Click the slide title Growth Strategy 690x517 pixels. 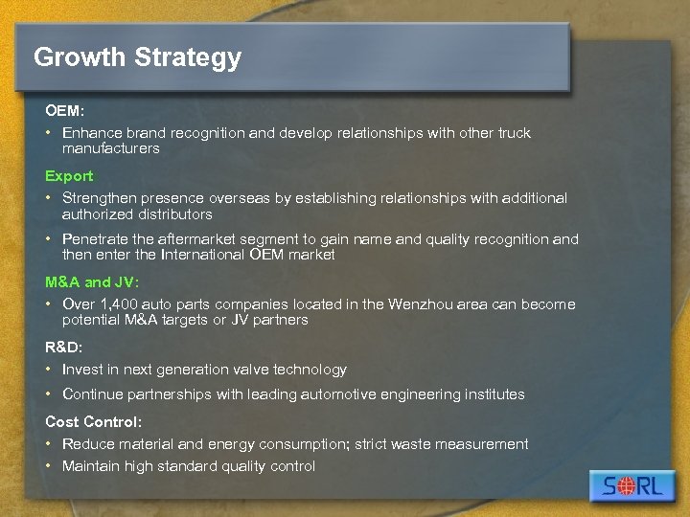pos(137,57)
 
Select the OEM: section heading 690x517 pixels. pos(64,111)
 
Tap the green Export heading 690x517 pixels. pos(69,176)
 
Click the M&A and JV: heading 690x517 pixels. pos(92,282)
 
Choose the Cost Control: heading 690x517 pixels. pos(93,421)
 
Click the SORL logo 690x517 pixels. pos(632,485)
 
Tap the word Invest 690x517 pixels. pos(81,370)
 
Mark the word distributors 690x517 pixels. pos(174,214)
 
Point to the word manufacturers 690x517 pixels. pos(110,148)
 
